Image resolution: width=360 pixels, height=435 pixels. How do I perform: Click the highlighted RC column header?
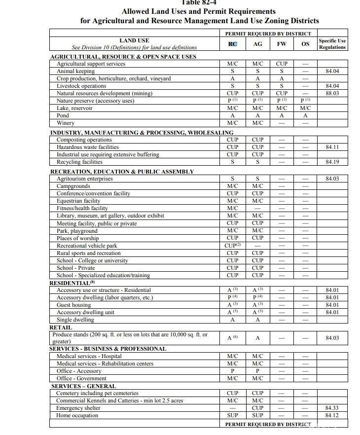233,44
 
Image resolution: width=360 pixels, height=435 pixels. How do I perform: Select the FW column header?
282,44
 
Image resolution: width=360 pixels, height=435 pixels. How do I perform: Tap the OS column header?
305,44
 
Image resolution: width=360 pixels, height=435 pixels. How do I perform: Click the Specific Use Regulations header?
332,44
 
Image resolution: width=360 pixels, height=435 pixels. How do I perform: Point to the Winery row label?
66,123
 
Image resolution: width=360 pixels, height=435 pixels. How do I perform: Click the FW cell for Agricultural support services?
282,64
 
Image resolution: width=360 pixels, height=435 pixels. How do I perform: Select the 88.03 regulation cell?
332,93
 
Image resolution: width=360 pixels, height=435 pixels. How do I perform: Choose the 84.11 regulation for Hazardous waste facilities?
332,147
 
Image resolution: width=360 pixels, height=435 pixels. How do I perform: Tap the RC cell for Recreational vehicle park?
233,246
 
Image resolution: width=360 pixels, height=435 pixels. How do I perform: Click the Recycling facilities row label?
79,162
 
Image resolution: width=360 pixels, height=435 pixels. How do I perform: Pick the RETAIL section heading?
61,327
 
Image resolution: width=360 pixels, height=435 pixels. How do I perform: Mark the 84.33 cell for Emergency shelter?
332,408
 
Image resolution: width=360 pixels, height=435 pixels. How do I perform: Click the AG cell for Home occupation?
257,416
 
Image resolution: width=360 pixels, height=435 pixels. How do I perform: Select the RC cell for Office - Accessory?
233,371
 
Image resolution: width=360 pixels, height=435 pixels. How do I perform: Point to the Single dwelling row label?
75,320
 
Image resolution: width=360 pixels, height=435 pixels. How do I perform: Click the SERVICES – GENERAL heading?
83,386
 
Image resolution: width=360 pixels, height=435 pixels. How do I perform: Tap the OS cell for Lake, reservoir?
305,108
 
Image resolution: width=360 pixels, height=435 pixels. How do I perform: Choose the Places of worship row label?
77,238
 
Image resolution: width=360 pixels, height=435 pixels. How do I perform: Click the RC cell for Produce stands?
233,338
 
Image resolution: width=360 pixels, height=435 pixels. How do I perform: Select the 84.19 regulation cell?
332,162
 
